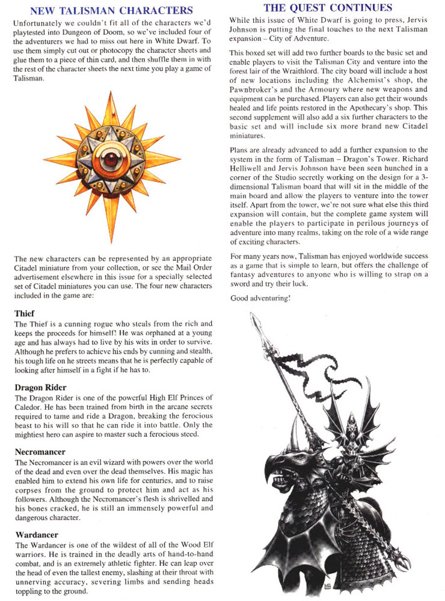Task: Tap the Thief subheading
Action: (25, 313)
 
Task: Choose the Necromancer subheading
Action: (40, 451)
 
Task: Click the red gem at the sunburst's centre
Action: (111, 159)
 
